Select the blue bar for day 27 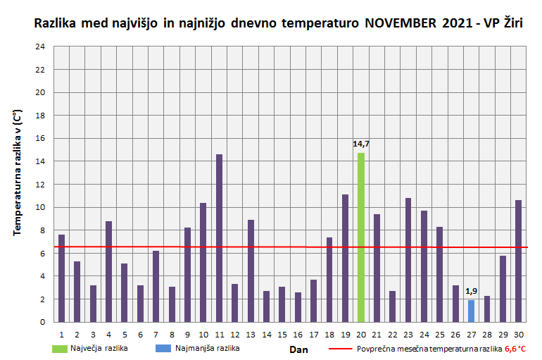(x=471, y=311)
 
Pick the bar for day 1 (x=62, y=278)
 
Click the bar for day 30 (x=518, y=261)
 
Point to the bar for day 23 (x=408, y=260)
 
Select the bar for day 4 (x=109, y=271)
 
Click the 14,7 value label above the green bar (x=361, y=144)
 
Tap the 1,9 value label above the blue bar (x=471, y=291)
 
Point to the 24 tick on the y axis (x=40, y=46)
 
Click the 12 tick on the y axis (x=40, y=185)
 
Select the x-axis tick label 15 (x=282, y=335)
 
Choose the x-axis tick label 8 (x=172, y=335)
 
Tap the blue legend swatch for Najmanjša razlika (x=163, y=348)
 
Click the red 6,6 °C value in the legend (x=515, y=349)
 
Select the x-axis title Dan (x=298, y=349)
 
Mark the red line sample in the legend (x=339, y=349)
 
